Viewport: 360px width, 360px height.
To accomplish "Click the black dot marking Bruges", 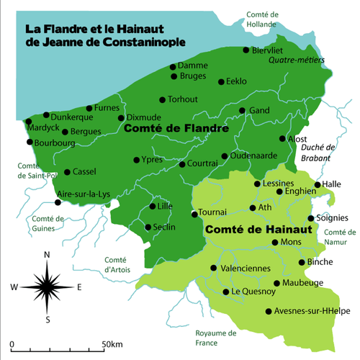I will pyautogui.click(x=174, y=76).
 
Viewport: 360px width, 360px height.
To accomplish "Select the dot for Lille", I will pyautogui.click(x=153, y=207).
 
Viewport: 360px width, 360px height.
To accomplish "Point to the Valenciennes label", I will pyautogui.click(x=246, y=268).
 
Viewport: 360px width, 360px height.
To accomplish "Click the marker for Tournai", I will pyautogui.click(x=194, y=214).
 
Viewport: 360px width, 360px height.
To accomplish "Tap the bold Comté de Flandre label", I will pyautogui.click(x=176, y=130).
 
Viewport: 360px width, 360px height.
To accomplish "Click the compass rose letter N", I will pyautogui.click(x=47, y=255).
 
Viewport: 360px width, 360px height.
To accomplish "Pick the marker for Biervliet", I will pyautogui.click(x=246, y=50).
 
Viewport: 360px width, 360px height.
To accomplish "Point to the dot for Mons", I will pyautogui.click(x=274, y=242).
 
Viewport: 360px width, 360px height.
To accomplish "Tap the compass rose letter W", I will pyautogui.click(x=14, y=287).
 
